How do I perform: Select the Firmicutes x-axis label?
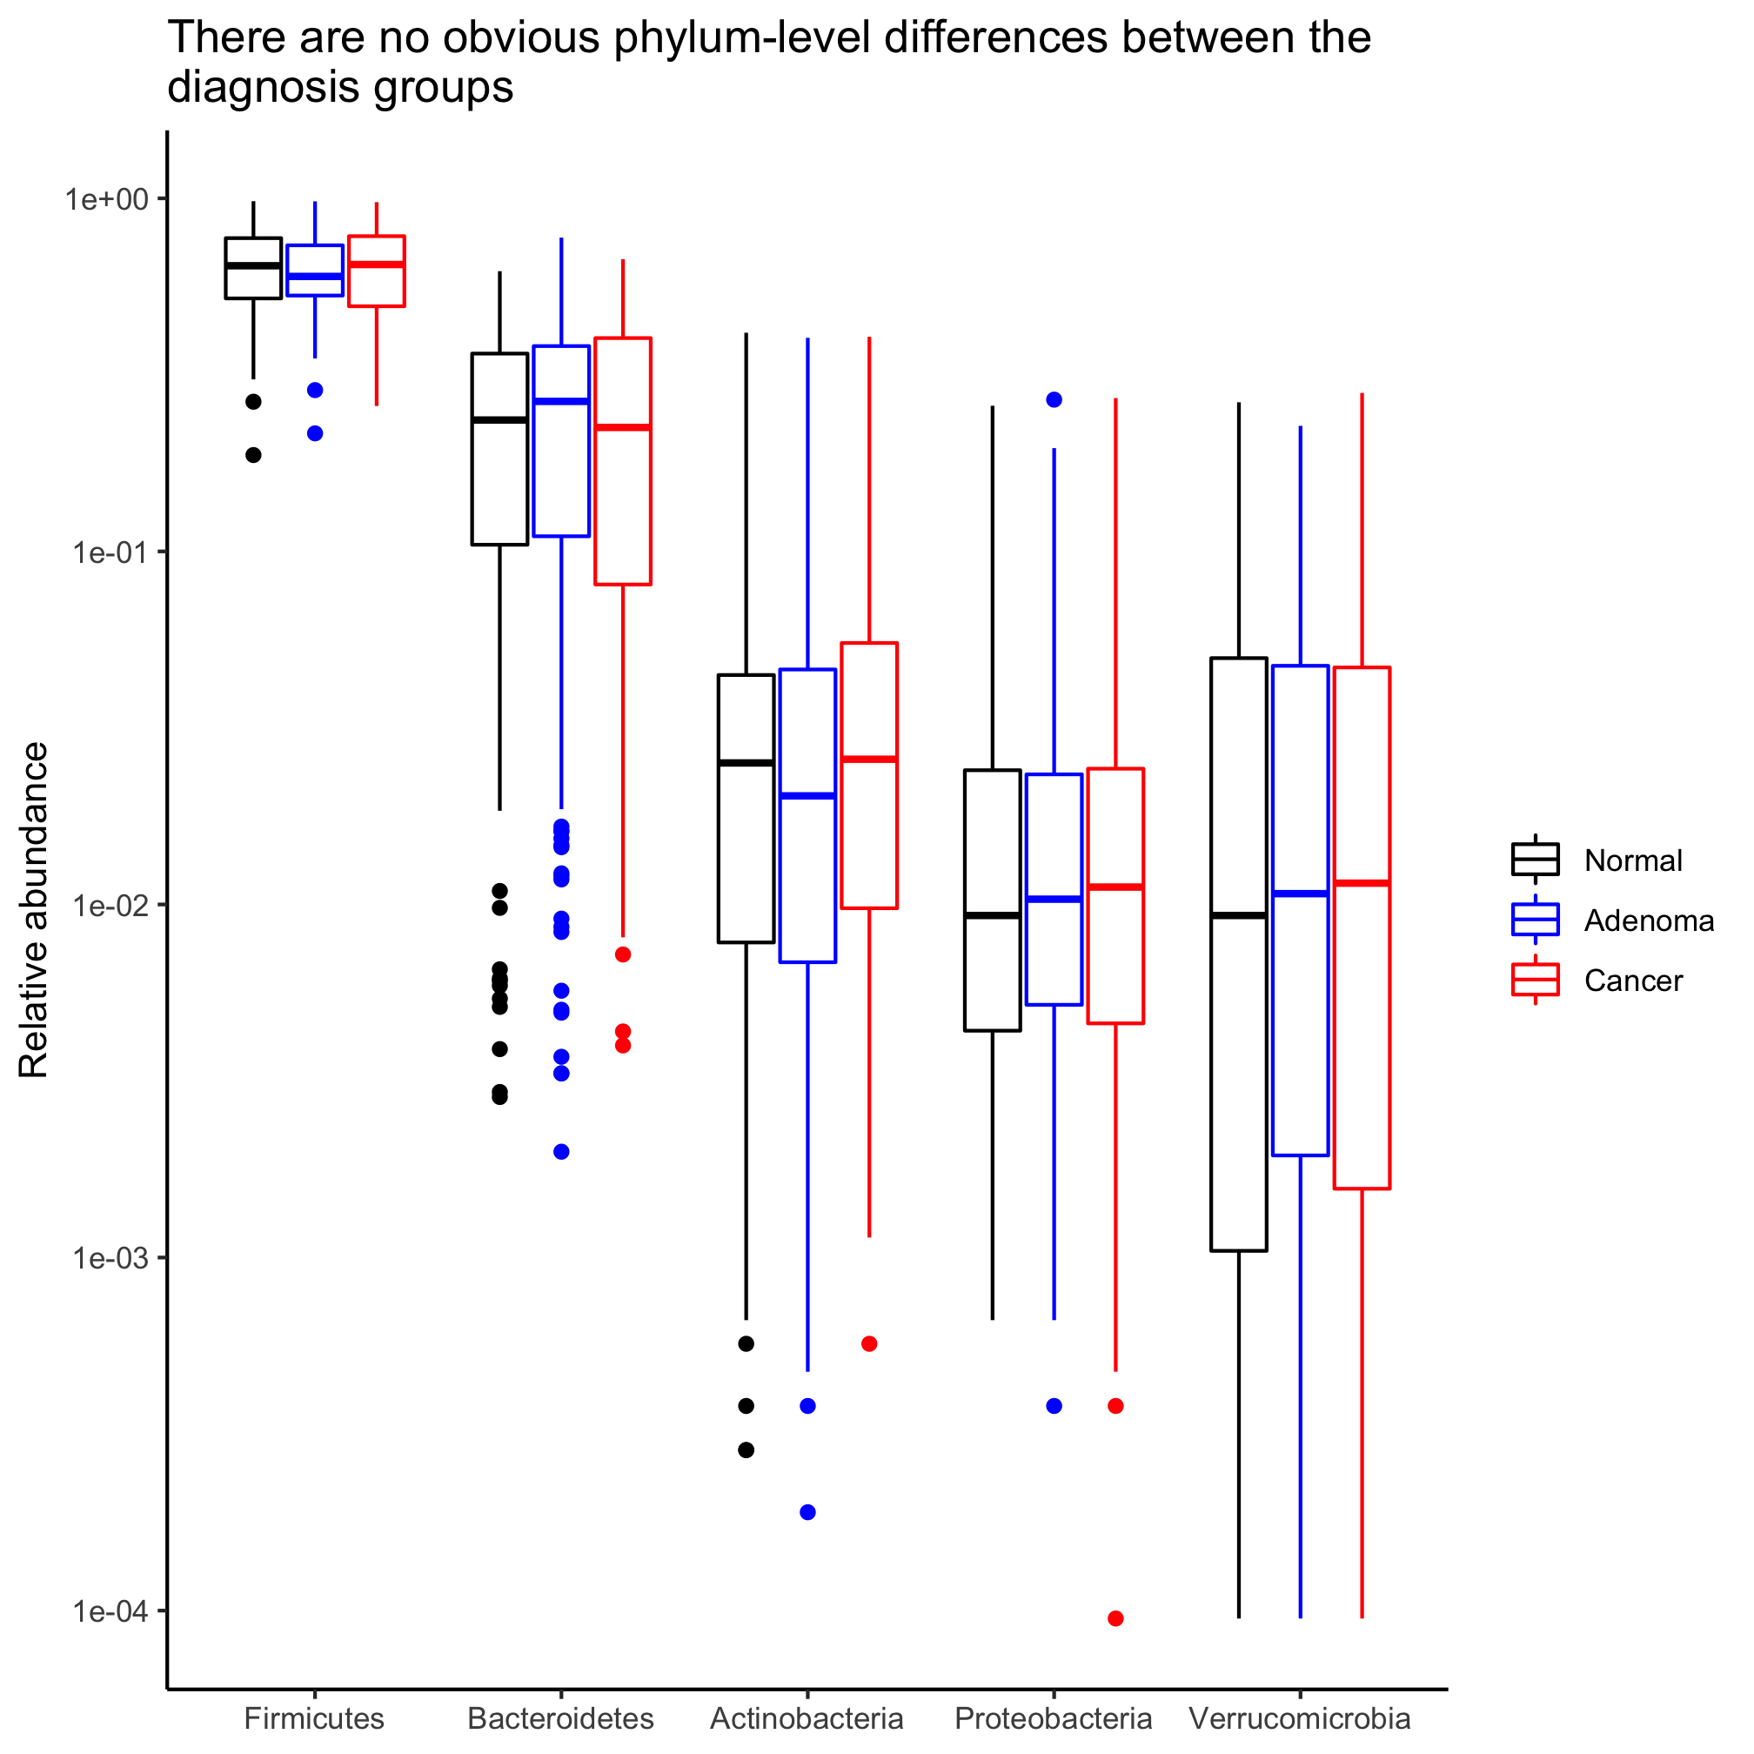click(314, 1718)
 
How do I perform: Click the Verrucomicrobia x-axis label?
click(1300, 1718)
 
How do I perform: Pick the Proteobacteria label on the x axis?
click(1053, 1718)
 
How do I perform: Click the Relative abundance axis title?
click(34, 911)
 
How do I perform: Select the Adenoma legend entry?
click(1648, 921)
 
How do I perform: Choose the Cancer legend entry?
click(1632, 981)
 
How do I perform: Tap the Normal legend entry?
click(1632, 860)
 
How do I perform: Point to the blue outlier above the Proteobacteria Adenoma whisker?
click(1054, 399)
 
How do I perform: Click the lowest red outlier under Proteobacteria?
click(1115, 1619)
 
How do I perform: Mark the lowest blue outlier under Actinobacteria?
click(808, 1512)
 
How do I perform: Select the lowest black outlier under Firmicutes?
click(253, 455)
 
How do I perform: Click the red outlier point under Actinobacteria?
click(869, 1343)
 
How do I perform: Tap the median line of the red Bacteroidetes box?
click(623, 426)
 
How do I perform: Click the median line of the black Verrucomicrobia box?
click(1238, 915)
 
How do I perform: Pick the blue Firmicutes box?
click(315, 270)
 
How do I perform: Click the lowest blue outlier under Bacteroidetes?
click(561, 1152)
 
